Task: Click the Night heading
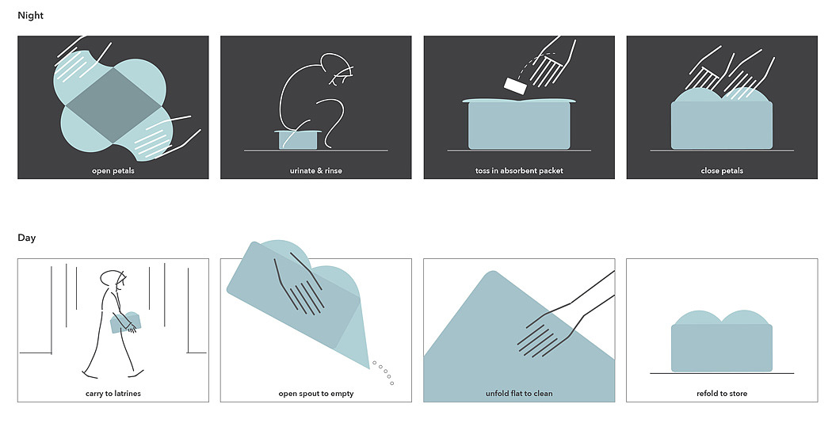point(30,15)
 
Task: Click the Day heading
point(26,238)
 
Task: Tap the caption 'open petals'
point(113,171)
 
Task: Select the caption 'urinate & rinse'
point(315,171)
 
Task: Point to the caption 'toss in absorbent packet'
point(519,171)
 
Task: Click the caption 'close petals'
point(722,171)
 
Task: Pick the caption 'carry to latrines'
point(113,394)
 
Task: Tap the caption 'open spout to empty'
point(315,394)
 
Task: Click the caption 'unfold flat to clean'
point(519,394)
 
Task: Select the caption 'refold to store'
point(722,394)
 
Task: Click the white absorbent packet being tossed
point(515,86)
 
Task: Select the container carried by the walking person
point(125,322)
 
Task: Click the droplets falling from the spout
point(384,372)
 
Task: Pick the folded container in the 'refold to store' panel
point(722,341)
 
